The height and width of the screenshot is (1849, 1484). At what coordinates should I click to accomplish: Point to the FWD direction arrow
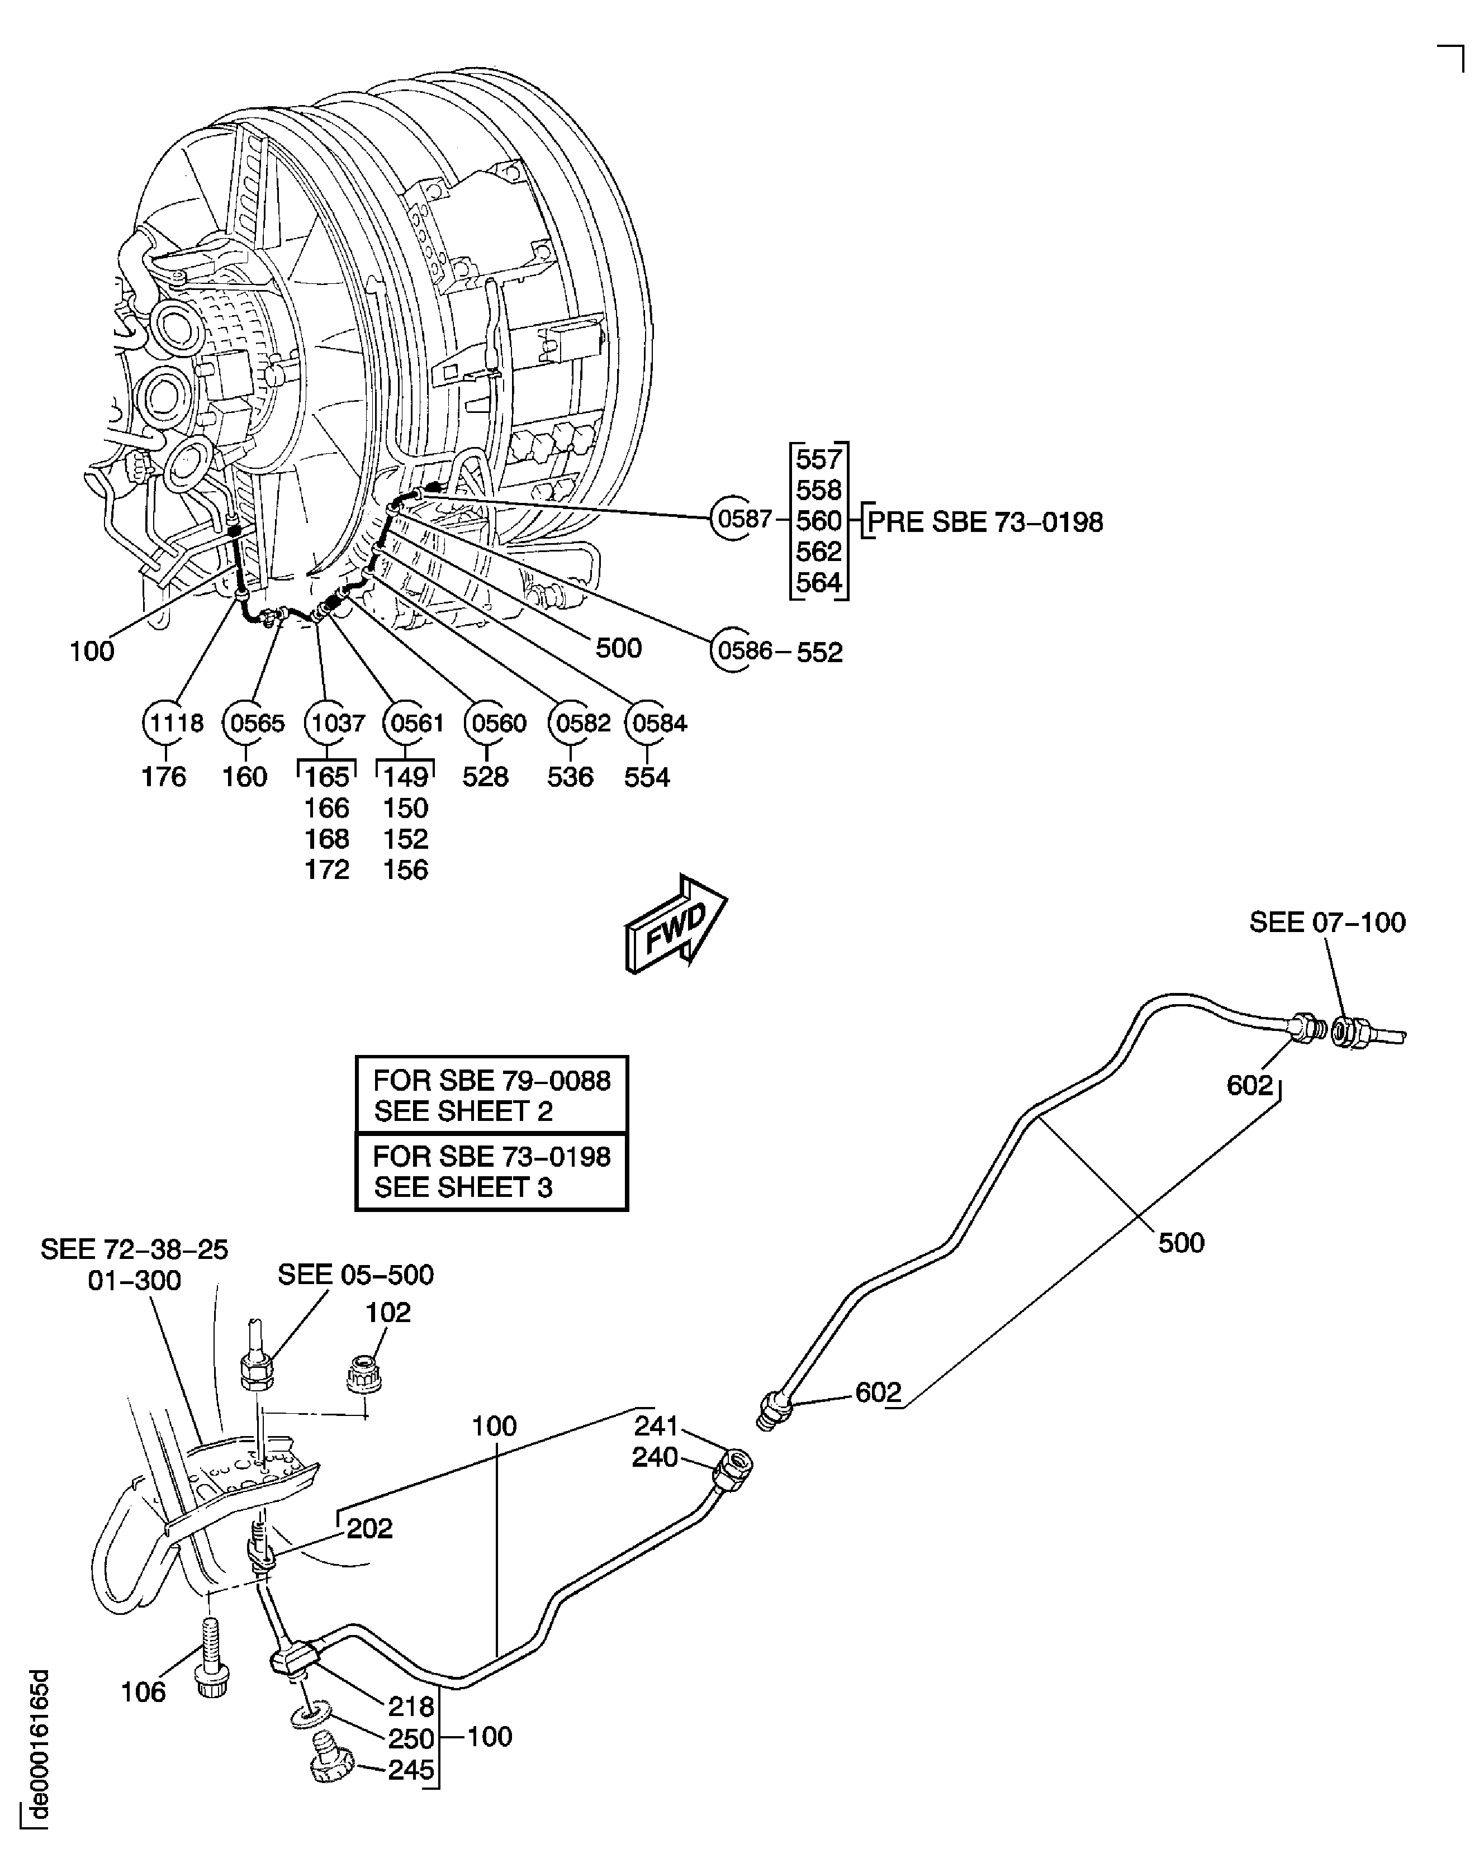point(676,924)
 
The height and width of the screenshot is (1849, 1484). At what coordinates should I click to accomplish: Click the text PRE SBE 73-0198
point(985,522)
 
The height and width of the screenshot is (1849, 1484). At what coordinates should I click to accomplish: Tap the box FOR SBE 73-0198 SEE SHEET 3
point(491,1172)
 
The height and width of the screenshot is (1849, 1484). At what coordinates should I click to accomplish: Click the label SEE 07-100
point(1327,922)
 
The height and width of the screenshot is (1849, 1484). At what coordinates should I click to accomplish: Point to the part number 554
point(647,777)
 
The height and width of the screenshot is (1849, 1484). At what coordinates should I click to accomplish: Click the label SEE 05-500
point(355,1275)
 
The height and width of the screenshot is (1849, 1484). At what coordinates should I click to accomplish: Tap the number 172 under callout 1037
point(327,869)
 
